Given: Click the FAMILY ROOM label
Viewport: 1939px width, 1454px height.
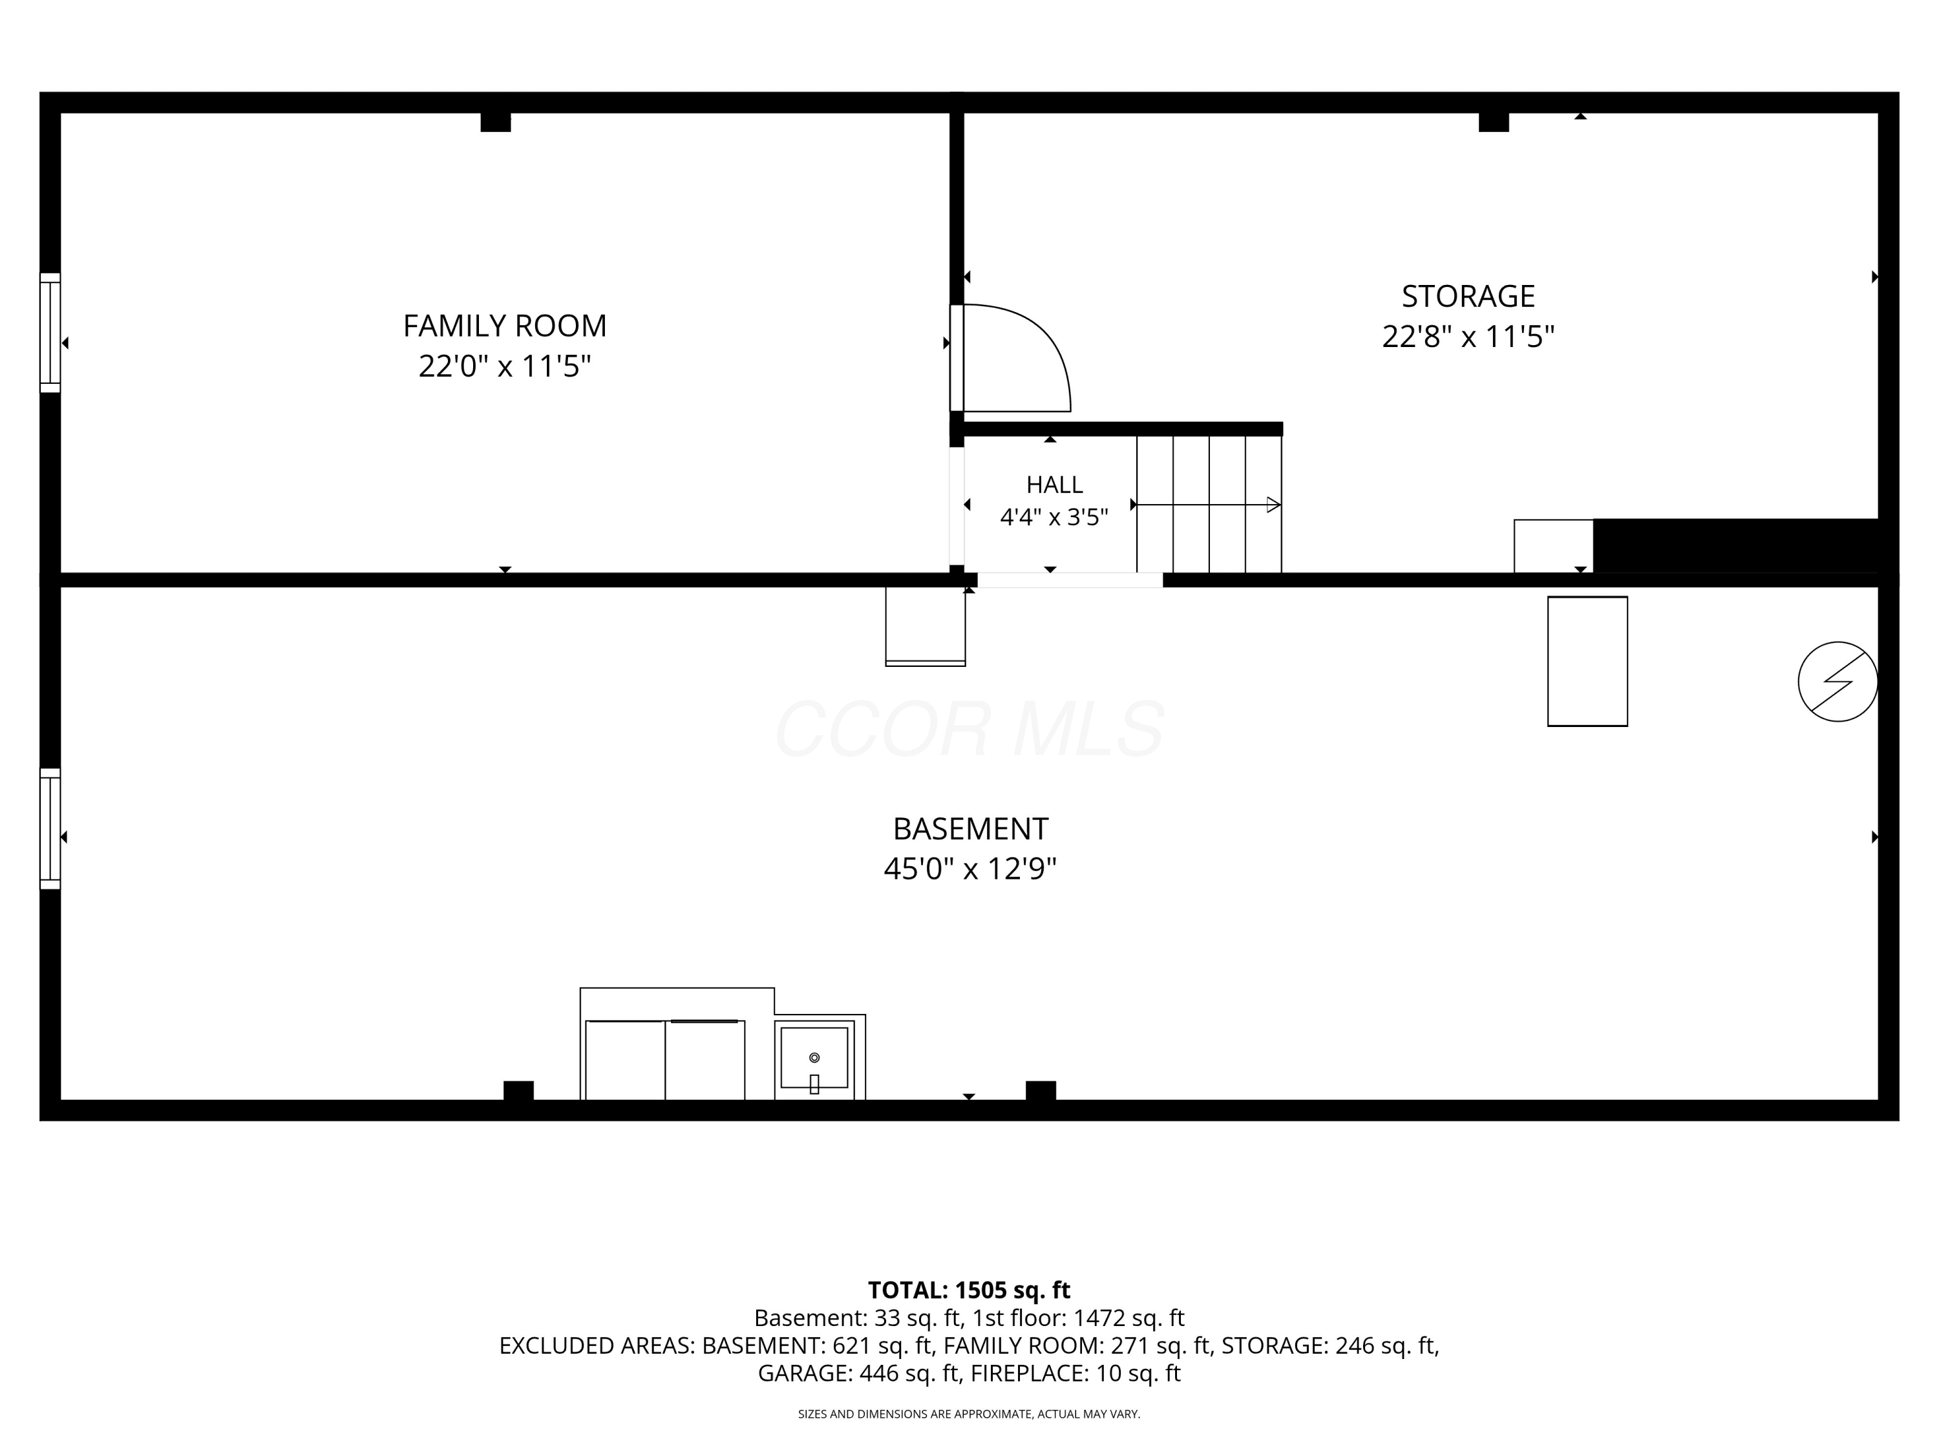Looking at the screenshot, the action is click(505, 326).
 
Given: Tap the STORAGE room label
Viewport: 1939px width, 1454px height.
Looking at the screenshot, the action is click(1468, 296).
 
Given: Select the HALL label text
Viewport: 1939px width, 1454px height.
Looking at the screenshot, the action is click(1055, 485).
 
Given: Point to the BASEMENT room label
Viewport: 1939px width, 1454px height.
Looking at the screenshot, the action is click(970, 828).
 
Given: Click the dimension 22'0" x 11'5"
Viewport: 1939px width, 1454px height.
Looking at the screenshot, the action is click(505, 366).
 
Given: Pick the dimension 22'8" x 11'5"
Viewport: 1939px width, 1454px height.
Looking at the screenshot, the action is click(1468, 337).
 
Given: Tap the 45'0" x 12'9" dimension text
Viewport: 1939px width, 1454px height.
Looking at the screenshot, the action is click(970, 869).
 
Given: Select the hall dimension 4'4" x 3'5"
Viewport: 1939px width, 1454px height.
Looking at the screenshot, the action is click(1055, 517).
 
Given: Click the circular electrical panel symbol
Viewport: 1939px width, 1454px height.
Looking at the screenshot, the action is click(1838, 682).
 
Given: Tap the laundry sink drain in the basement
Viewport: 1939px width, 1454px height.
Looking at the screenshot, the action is click(814, 1058).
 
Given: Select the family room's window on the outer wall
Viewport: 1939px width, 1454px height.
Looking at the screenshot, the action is click(50, 333).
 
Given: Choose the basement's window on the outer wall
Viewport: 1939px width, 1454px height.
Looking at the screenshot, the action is click(50, 829).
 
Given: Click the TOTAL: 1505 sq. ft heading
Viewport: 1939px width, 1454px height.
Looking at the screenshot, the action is click(969, 1290).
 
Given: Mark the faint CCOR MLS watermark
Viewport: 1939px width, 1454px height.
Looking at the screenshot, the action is click(969, 728).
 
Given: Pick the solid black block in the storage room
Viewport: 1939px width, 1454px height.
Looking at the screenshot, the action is click(1735, 546).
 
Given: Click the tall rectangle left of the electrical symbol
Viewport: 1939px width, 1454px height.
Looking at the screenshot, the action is click(1587, 662).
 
